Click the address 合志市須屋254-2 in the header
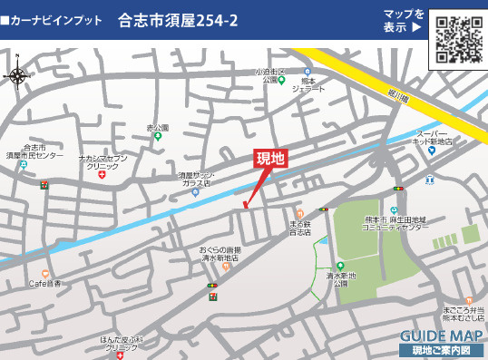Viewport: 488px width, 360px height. [178, 20]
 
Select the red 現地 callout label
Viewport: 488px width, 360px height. [270, 159]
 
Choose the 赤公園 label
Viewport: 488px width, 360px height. [158, 128]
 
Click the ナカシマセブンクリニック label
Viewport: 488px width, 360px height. [102, 161]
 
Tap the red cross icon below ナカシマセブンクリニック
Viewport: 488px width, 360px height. [102, 176]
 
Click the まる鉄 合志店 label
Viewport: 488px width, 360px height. [300, 228]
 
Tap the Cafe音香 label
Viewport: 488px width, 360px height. [44, 284]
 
